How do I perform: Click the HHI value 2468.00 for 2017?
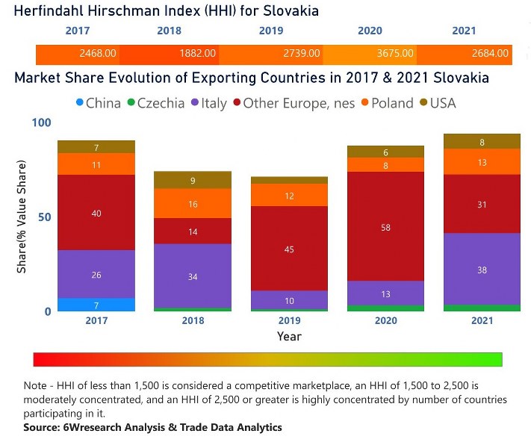[x=98, y=54]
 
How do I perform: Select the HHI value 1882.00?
[x=197, y=54]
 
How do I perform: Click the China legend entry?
[x=97, y=103]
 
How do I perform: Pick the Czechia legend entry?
[x=155, y=103]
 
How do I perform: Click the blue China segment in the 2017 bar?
[x=96, y=305]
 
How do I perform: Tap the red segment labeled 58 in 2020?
[x=385, y=226]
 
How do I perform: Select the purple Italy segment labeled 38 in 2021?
[x=482, y=269]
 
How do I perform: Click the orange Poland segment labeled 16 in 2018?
[x=193, y=203]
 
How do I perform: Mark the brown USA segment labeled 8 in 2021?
[x=482, y=141]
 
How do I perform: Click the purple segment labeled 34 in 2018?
[x=193, y=276]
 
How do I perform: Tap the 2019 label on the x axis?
[x=289, y=321]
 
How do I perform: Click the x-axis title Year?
[x=289, y=337]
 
